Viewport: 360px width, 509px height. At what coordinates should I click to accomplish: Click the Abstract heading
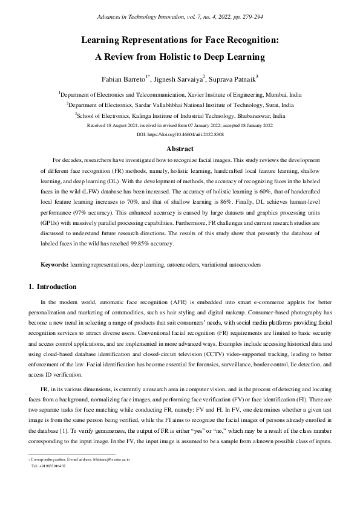(180, 149)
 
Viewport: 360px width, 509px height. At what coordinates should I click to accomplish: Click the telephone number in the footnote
(51, 466)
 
